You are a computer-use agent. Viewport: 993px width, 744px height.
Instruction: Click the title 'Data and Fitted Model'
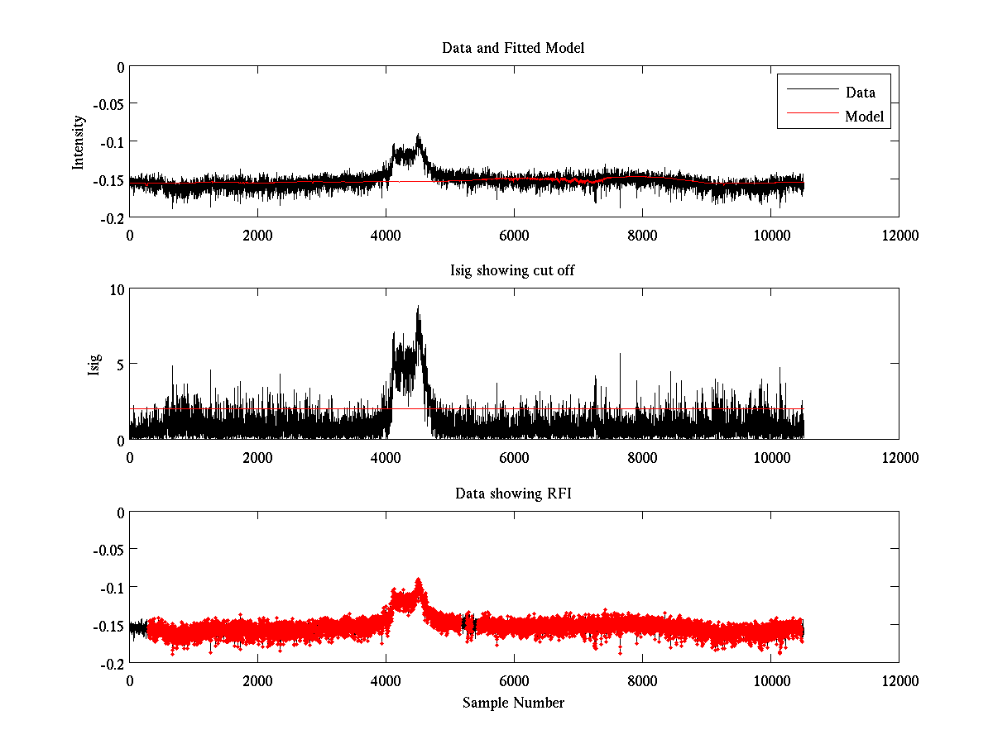point(513,48)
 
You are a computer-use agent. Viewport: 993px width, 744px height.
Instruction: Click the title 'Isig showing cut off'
point(513,270)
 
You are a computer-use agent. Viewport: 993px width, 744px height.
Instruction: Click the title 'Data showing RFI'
point(513,494)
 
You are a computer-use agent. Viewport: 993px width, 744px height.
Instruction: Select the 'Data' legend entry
point(860,92)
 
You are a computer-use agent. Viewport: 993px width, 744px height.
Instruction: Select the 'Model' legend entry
point(864,117)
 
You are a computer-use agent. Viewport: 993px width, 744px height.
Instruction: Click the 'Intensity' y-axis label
point(79,141)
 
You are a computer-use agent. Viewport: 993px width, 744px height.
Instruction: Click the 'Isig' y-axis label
point(94,364)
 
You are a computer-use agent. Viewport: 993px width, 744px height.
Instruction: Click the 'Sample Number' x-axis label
point(513,703)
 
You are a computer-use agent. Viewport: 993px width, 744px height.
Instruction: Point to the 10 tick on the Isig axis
point(115,289)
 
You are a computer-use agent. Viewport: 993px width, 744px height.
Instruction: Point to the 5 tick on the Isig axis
point(118,364)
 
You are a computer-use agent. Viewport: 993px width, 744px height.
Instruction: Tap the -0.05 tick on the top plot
point(108,104)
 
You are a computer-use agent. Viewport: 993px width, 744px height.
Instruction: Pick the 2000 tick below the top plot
point(257,235)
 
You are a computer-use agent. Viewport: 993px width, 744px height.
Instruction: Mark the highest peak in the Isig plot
point(419,306)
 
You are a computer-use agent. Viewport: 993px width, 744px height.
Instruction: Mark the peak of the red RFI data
point(419,579)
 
